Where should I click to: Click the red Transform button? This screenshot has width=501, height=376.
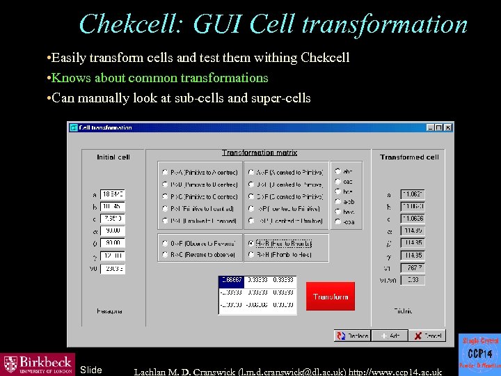point(331,297)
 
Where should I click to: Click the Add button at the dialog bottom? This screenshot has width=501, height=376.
point(389,336)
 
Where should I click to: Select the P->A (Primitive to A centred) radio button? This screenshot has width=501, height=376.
point(164,172)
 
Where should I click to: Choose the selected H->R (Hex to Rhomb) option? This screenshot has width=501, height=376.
point(251,243)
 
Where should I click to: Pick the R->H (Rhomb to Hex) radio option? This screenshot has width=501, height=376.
point(251,255)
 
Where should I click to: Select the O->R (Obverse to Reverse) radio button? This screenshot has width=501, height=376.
point(164,243)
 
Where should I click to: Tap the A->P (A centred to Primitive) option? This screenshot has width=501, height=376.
point(251,172)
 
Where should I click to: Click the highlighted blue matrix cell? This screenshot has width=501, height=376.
point(231,280)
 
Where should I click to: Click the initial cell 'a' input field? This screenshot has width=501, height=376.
point(113,194)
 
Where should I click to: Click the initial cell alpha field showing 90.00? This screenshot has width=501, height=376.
point(113,230)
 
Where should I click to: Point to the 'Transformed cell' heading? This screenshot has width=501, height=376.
point(409,157)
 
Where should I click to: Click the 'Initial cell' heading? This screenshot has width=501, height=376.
point(113,157)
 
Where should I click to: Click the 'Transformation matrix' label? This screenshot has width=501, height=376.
point(260,152)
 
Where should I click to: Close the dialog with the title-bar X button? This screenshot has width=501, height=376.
point(448,128)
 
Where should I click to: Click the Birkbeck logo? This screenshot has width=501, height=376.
point(38,363)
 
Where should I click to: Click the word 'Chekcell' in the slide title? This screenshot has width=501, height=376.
point(131,24)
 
